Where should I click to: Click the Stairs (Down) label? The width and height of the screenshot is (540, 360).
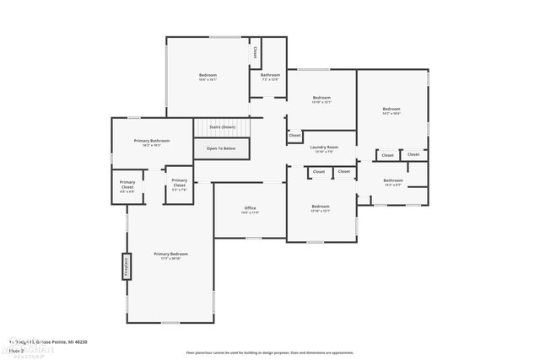(x=222, y=127)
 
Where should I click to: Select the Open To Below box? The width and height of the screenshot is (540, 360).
(x=221, y=149)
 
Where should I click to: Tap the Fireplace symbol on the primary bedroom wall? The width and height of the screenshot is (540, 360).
(x=127, y=266)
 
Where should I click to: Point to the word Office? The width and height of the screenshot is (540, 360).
(x=251, y=207)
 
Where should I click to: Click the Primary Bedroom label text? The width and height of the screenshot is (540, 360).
(x=170, y=253)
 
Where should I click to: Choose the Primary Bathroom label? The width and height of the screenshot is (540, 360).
(x=152, y=140)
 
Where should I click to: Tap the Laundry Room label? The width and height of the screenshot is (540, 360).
(x=324, y=147)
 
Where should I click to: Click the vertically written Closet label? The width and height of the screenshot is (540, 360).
(x=255, y=52)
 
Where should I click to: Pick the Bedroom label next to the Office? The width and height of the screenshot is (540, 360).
(x=321, y=206)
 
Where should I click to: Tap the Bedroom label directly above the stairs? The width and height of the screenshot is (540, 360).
(x=208, y=76)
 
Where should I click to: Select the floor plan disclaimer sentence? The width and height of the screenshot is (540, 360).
(x=269, y=352)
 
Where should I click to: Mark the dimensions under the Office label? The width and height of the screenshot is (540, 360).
(x=251, y=212)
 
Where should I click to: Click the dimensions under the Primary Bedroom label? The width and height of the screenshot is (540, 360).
(x=170, y=258)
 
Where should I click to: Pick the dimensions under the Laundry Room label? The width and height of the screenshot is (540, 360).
(x=324, y=152)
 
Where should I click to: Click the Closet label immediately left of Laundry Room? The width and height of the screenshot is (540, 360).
(x=294, y=135)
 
